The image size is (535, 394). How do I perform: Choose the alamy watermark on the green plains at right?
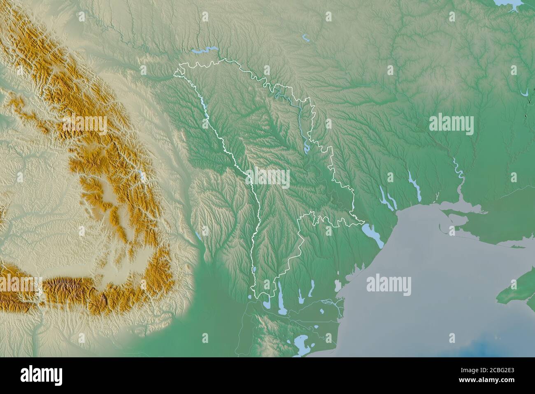pos(451,125)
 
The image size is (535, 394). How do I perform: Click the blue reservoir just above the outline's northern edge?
pos(205,51)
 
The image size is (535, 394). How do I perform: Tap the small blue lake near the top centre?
pos(306,38)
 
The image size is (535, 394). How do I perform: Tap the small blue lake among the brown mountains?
pos(141,176)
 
